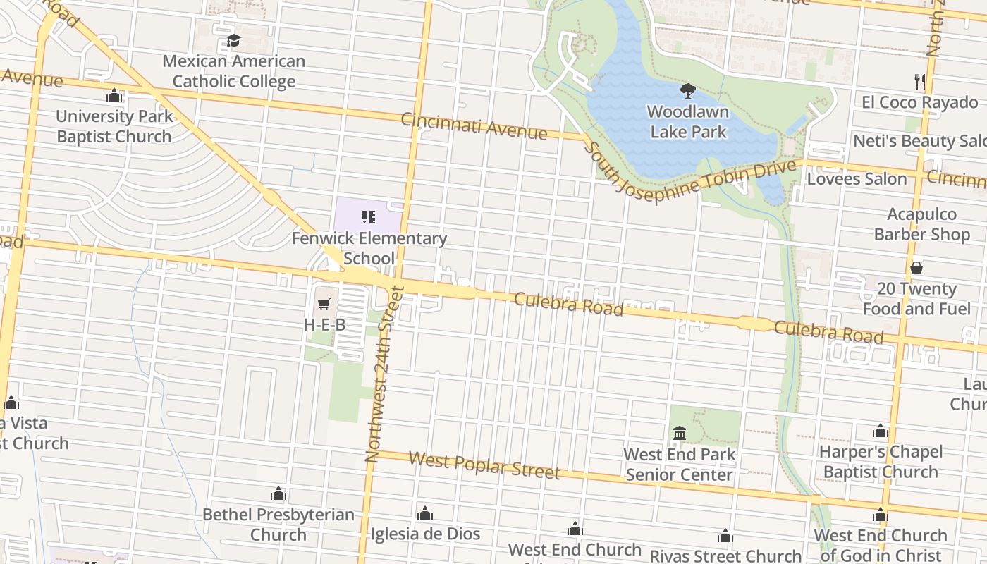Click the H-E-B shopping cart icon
pyautogui.click(x=324, y=305)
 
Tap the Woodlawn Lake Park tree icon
pyautogui.click(x=688, y=91)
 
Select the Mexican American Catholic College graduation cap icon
pyautogui.click(x=233, y=41)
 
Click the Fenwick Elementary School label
pyautogui.click(x=369, y=248)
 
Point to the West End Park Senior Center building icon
pyautogui.click(x=680, y=433)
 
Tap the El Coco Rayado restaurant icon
pyautogui.click(x=919, y=82)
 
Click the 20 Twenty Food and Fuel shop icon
pyautogui.click(x=916, y=268)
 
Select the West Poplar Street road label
pyautogui.click(x=484, y=465)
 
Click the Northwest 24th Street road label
pyautogui.click(x=384, y=374)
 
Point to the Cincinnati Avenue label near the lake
pyautogui.click(x=474, y=125)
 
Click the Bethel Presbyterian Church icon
pyautogui.click(x=278, y=493)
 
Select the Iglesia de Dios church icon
pyautogui.click(x=424, y=513)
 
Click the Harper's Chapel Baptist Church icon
pyautogui.click(x=880, y=431)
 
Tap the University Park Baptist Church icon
pyautogui.click(x=114, y=95)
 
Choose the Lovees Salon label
pyautogui.click(x=857, y=179)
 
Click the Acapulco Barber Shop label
pyautogui.click(x=921, y=224)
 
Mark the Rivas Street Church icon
pyautogui.click(x=725, y=537)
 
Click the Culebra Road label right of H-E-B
pyautogui.click(x=568, y=304)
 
